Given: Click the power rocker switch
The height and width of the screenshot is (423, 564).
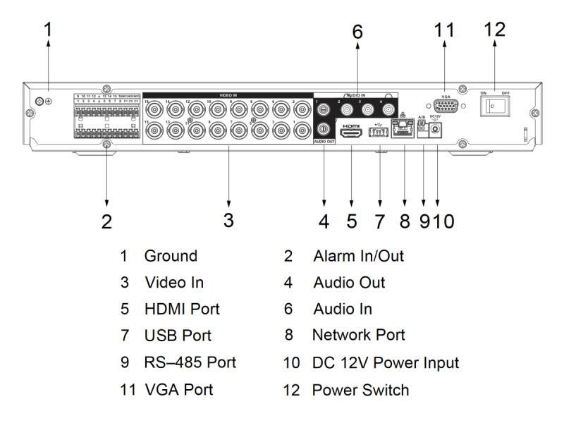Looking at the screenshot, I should coord(494,106).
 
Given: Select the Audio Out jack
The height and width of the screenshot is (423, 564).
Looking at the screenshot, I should coord(324,129).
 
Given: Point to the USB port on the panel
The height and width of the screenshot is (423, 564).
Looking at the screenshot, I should coord(379,132).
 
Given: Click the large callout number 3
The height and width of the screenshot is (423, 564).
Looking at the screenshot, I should coord(228,220).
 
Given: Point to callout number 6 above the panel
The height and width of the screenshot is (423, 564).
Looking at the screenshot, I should coord(357,32).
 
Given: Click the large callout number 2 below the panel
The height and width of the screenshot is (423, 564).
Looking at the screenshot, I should coord(106,221).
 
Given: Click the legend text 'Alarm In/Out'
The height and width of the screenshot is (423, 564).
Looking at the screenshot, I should coord(358,256).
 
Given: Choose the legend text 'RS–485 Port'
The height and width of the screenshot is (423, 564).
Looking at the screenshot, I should coord(190,362).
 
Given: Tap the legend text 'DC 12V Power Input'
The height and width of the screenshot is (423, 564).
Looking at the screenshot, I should coord(386,362).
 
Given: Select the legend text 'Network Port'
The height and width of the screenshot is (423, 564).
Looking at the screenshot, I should coord(358,336).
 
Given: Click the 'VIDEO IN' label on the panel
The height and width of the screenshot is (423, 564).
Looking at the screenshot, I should coord(228,94).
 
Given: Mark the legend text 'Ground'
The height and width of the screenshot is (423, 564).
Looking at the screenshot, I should coord(171,256).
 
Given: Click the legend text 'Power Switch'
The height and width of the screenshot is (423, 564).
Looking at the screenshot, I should coord(360,389).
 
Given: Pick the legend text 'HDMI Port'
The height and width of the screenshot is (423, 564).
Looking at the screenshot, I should coord(182,309).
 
